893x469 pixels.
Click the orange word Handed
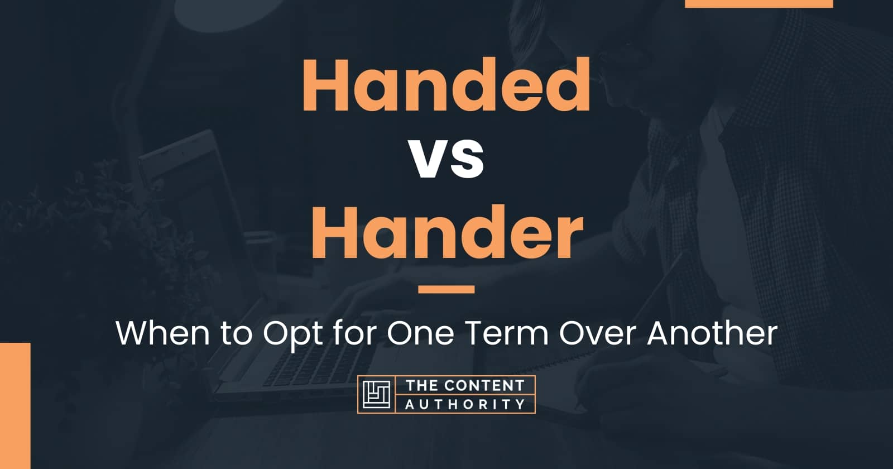coord(446,84)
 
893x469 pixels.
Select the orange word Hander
coord(447,232)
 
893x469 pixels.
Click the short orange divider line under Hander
coord(446,289)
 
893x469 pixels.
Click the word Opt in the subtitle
coord(292,334)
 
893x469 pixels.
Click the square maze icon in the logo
coord(376,394)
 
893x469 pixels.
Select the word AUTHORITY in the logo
coord(465,404)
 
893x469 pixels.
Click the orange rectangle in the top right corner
coord(759,3)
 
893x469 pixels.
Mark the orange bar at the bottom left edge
coord(15,405)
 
